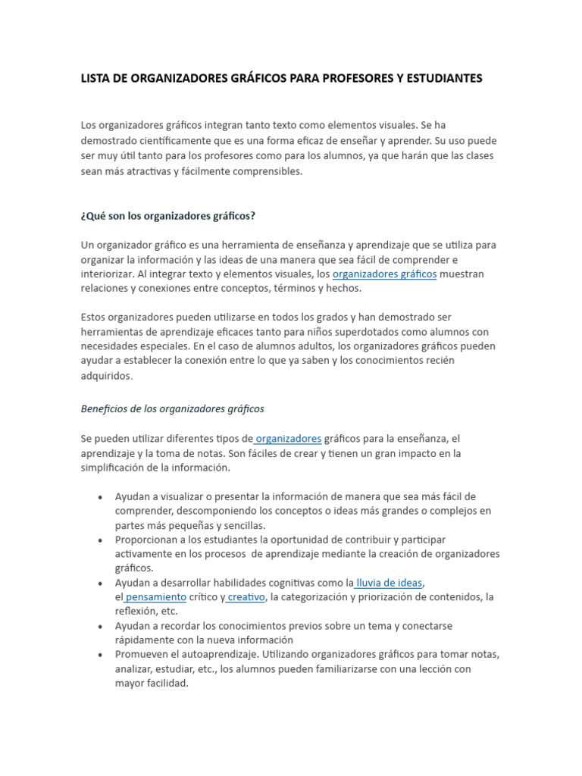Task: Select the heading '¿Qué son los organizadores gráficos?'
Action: pyautogui.click(x=167, y=216)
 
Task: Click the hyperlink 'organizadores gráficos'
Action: pyautogui.click(x=384, y=274)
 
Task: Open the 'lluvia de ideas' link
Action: pyautogui.click(x=390, y=582)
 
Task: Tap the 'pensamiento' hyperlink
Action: pyautogui.click(x=155, y=596)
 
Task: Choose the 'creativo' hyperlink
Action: pyautogui.click(x=246, y=596)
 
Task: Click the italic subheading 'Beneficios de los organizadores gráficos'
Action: pyautogui.click(x=172, y=408)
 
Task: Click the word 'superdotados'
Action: pyautogui.click(x=357, y=331)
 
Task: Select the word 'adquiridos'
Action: pyautogui.click(x=106, y=376)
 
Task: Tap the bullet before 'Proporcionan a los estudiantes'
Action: pyautogui.click(x=101, y=540)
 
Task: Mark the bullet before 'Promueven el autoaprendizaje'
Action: pyautogui.click(x=101, y=655)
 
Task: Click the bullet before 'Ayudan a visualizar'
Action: pyautogui.click(x=101, y=497)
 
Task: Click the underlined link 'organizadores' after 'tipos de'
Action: pyautogui.click(x=289, y=438)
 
